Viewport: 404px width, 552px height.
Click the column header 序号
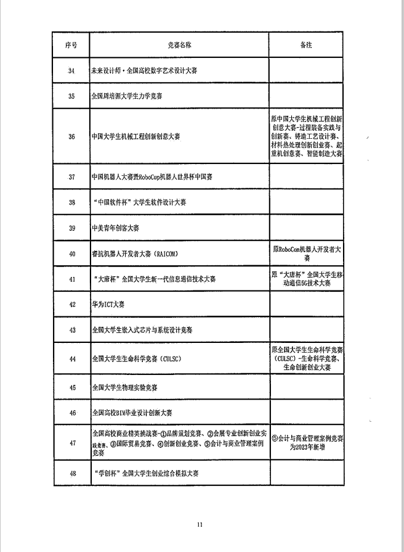71,46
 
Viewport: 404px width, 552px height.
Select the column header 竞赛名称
179,46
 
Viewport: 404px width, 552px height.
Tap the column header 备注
306,46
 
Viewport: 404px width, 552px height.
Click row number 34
71,71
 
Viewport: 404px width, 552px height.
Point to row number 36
71,136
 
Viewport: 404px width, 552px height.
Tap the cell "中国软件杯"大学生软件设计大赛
139,202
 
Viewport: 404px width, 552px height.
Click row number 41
71,279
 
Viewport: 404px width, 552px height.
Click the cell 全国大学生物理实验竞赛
124,387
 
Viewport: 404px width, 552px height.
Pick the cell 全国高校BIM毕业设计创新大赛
132,413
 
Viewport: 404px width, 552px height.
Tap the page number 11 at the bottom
200,524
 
